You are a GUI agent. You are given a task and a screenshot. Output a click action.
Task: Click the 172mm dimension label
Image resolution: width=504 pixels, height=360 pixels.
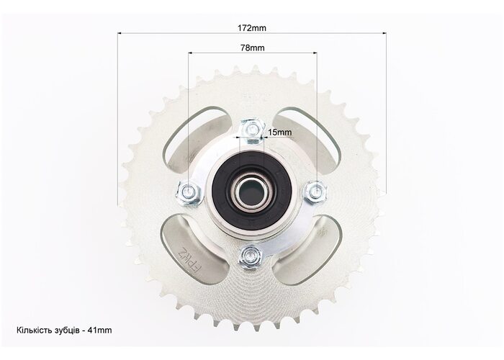252,28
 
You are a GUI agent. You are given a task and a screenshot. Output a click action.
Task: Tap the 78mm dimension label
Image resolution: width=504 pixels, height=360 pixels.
253,48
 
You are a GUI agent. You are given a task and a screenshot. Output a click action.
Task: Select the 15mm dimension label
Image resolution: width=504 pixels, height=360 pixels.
280,132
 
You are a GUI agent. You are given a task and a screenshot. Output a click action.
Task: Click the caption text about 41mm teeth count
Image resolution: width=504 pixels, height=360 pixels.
64,330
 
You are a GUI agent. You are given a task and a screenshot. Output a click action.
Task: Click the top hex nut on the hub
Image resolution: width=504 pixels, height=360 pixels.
253,131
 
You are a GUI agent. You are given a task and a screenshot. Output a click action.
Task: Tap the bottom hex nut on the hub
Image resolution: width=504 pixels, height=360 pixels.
250,256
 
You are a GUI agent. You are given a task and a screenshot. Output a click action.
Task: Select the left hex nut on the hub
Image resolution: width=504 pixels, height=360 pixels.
189,193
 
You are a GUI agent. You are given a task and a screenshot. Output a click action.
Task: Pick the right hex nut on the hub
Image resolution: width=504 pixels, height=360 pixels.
315,192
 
